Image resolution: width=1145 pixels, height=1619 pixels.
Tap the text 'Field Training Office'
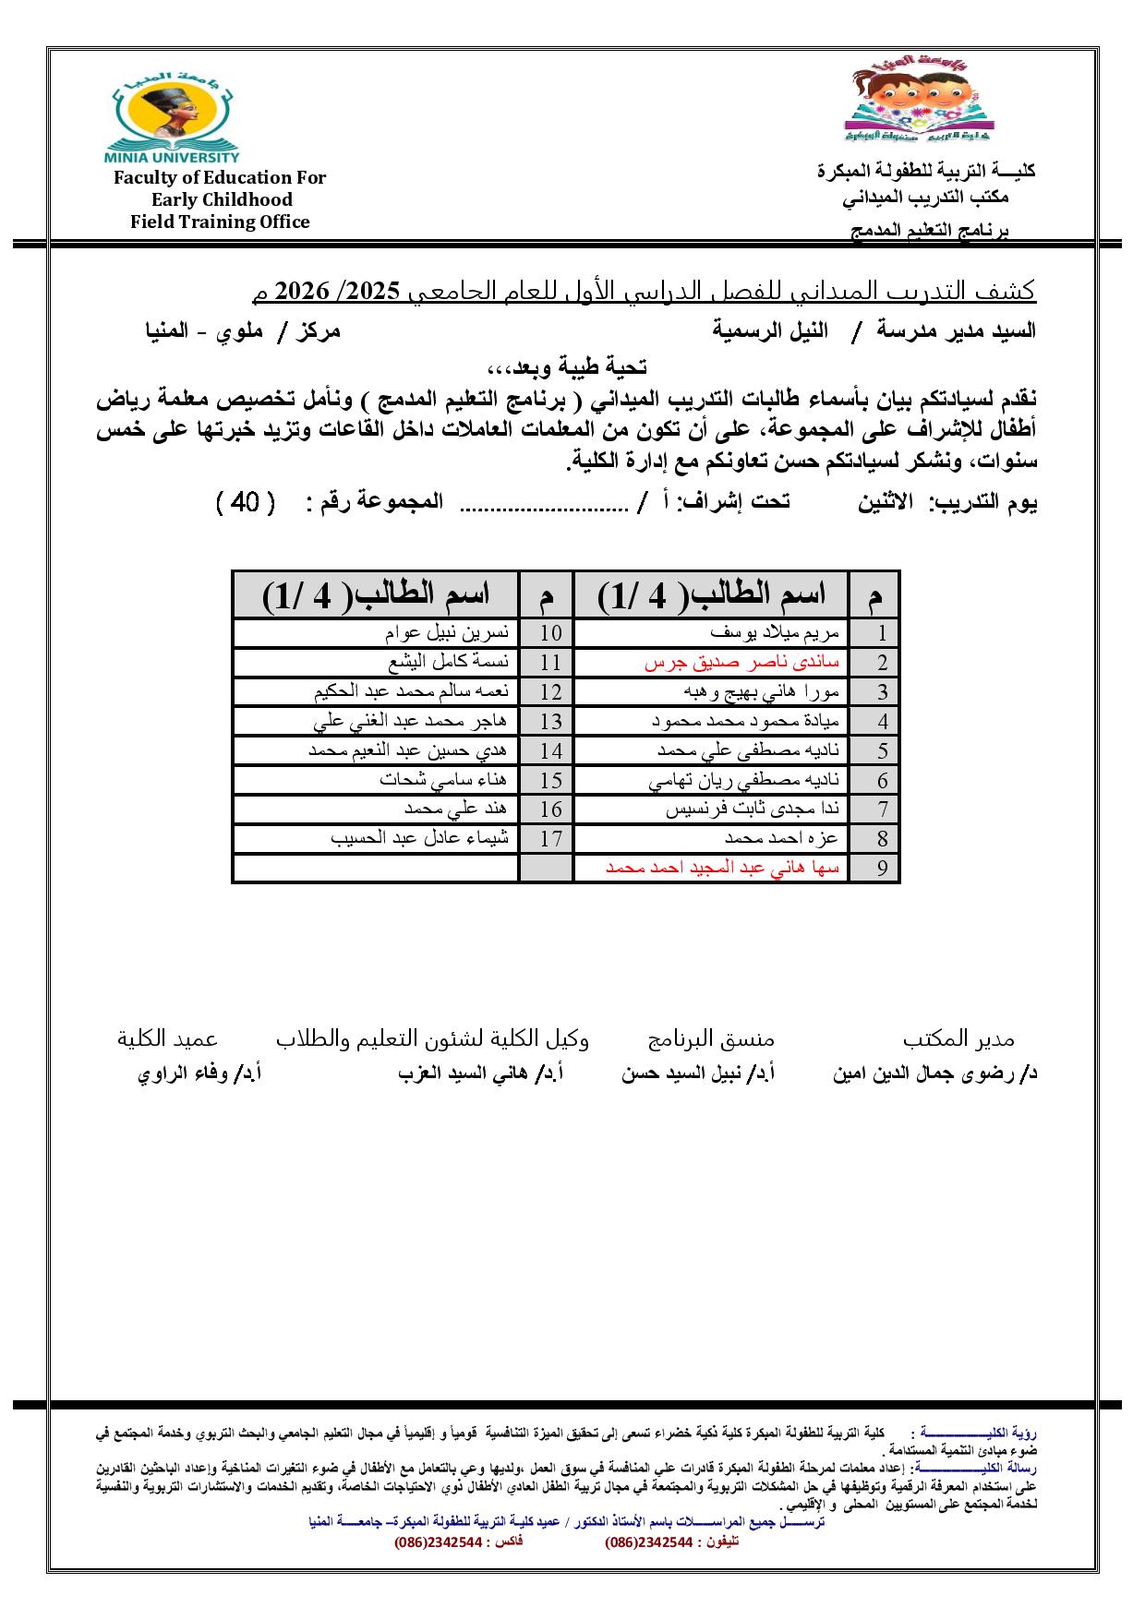click(220, 222)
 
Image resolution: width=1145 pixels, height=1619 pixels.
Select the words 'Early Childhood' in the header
click(222, 199)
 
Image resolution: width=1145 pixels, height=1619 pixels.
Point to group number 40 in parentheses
click(245, 503)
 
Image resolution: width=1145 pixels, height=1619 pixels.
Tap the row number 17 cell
click(550, 839)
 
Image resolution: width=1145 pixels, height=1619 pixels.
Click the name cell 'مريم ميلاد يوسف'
click(775, 633)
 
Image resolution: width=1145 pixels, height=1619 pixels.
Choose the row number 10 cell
click(550, 633)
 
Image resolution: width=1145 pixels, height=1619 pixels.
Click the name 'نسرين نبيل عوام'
click(446, 633)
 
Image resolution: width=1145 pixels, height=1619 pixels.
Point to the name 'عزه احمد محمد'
click(781, 838)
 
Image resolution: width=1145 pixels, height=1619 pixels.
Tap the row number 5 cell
click(883, 750)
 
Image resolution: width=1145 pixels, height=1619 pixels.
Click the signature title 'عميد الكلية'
click(167, 1038)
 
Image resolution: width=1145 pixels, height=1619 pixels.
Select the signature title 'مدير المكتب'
click(958, 1038)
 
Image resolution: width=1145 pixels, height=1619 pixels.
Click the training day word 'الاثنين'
click(885, 503)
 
